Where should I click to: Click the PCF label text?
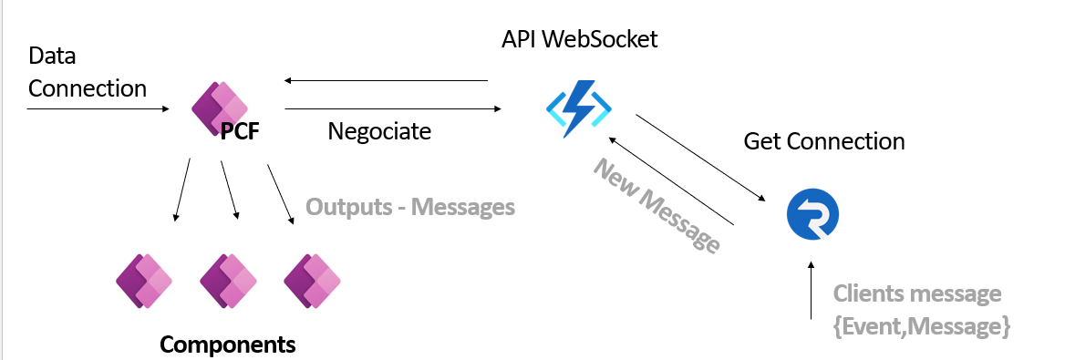(240, 131)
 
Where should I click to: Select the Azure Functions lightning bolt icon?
(579, 108)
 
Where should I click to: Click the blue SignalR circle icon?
(812, 215)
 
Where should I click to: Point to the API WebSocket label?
(579, 38)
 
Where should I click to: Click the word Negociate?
(379, 130)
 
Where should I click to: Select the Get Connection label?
(824, 141)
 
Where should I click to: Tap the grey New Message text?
(657, 205)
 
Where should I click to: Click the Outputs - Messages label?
(410, 206)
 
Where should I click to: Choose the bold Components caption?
(228, 345)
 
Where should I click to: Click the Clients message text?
(917, 293)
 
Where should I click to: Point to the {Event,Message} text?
(922, 326)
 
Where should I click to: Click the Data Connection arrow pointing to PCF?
(98, 108)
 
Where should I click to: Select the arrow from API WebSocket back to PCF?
(386, 81)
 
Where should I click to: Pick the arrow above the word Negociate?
(393, 108)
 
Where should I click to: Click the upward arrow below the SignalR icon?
(811, 289)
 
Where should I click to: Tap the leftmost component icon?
(144, 282)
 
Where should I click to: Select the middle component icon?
(228, 282)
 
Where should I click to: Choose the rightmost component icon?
(312, 282)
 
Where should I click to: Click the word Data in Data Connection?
(52, 56)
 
